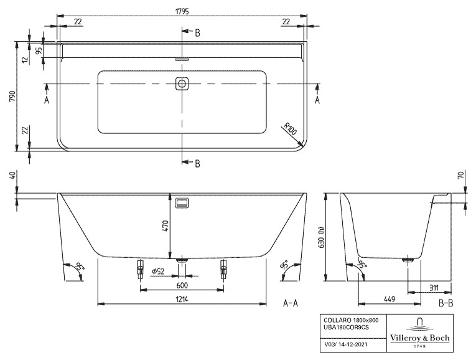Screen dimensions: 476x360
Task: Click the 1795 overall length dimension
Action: click(x=182, y=12)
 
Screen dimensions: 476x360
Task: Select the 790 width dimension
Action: click(x=12, y=97)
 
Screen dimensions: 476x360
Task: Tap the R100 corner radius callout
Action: click(x=290, y=128)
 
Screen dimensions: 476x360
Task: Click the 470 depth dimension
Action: click(x=166, y=225)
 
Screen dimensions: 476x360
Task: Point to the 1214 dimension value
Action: click(x=182, y=299)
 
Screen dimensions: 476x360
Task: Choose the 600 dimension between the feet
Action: click(x=182, y=285)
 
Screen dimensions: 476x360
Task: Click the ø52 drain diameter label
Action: click(x=158, y=271)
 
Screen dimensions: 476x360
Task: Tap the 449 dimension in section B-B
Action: click(x=390, y=299)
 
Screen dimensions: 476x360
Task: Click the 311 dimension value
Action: click(x=434, y=287)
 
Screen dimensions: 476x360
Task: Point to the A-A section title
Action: click(x=291, y=303)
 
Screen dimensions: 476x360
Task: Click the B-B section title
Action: click(x=446, y=303)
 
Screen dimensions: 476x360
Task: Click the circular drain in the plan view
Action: click(x=182, y=83)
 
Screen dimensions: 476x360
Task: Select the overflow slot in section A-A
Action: click(x=182, y=202)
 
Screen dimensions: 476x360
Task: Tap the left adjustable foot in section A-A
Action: click(x=140, y=270)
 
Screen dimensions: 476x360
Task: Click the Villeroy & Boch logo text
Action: click(x=420, y=338)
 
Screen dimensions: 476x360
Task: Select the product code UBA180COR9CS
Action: click(x=347, y=327)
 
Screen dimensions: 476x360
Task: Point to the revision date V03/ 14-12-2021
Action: click(x=346, y=344)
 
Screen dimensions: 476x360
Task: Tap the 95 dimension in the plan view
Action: click(x=39, y=50)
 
